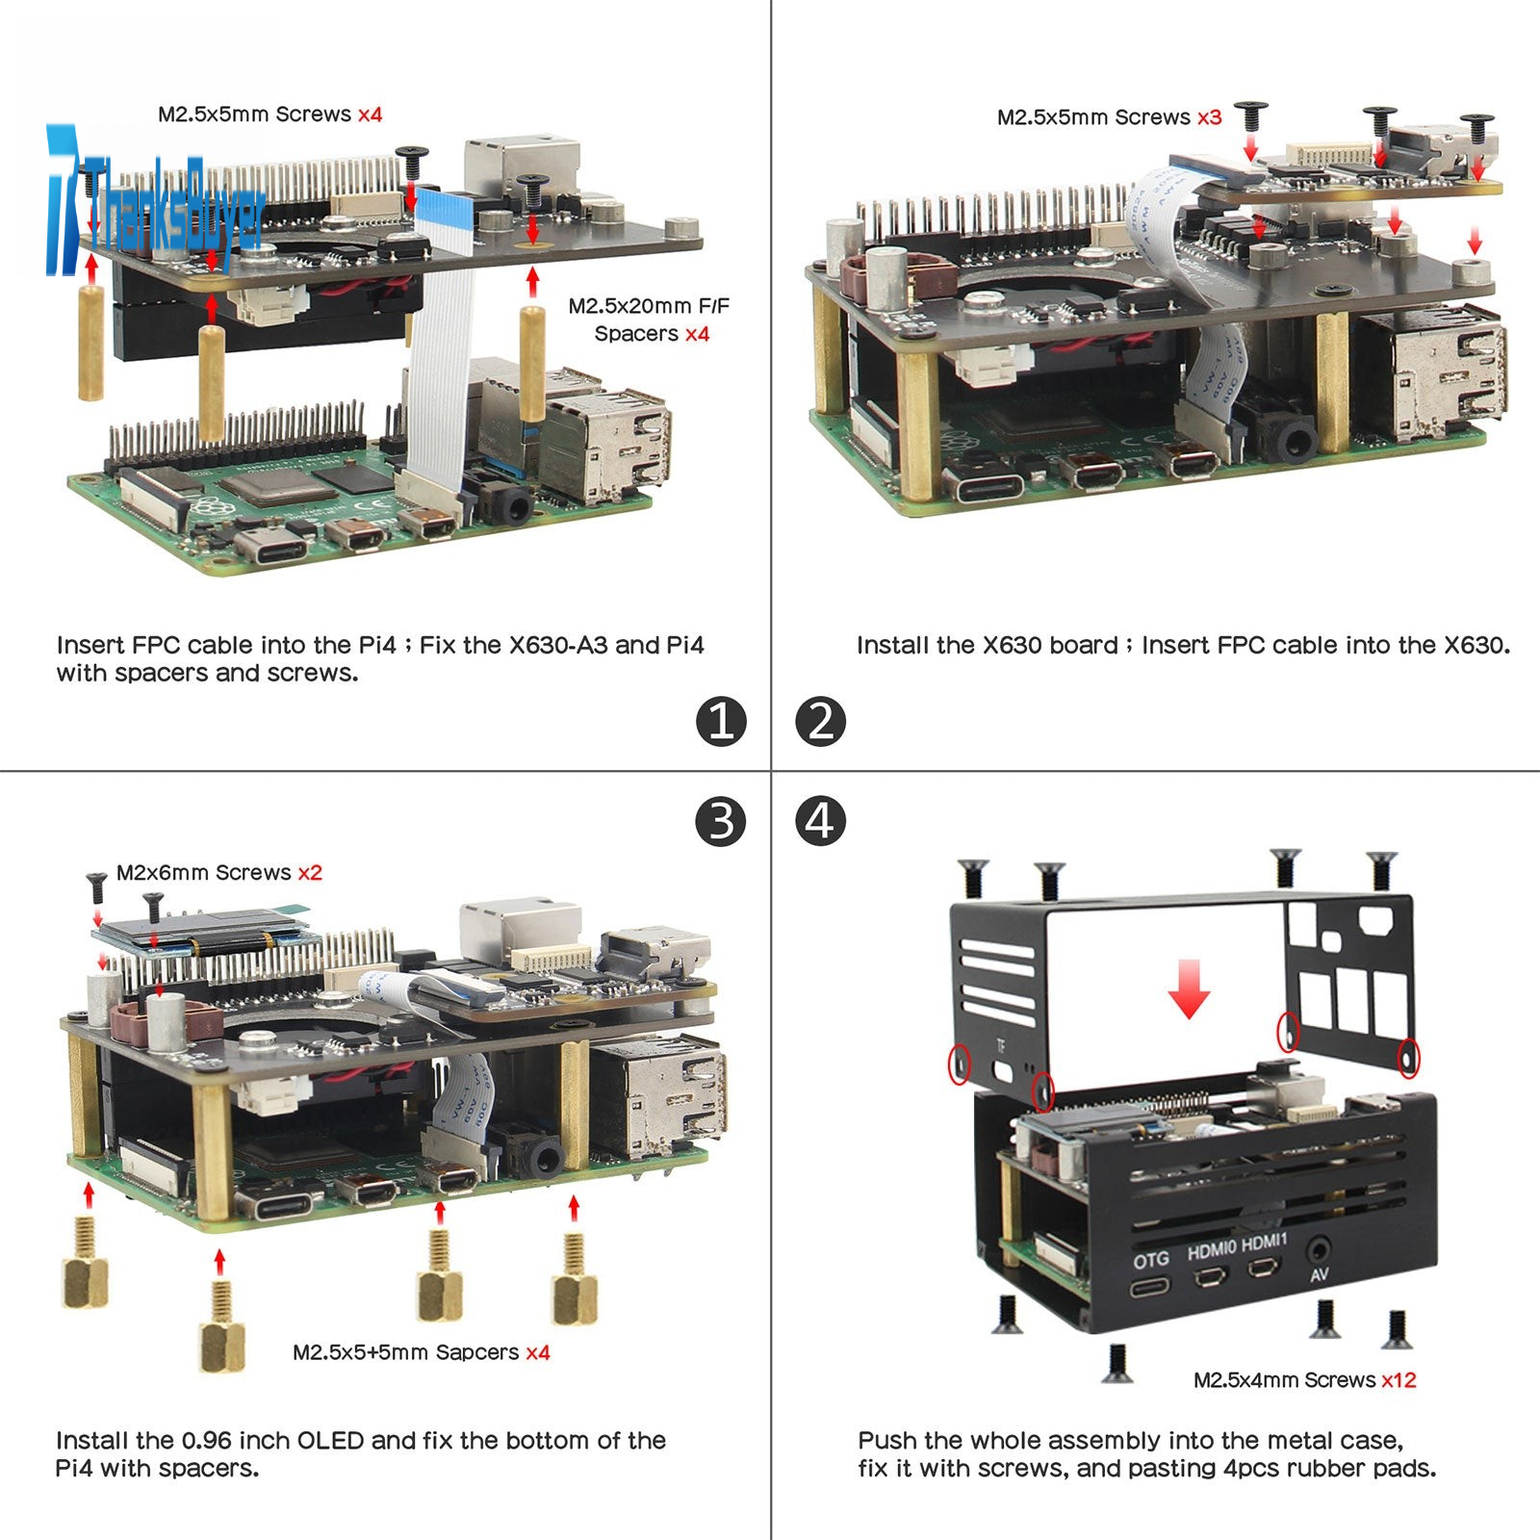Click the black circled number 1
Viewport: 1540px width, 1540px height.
click(x=721, y=721)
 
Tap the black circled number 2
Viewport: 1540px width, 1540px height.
click(x=820, y=722)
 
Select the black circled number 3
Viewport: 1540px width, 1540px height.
click(x=721, y=821)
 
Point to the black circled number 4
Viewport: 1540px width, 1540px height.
click(x=820, y=821)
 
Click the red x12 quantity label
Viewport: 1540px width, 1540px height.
click(x=1399, y=1380)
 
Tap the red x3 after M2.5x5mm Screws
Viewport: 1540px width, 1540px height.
click(x=1209, y=117)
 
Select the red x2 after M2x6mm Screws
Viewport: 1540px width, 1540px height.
click(x=310, y=873)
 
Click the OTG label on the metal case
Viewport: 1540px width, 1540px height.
click(x=1151, y=1259)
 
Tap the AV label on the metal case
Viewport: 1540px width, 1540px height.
click(x=1320, y=1274)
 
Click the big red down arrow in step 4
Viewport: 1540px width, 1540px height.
click(x=1189, y=991)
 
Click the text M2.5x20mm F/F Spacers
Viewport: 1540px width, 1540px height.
click(x=649, y=320)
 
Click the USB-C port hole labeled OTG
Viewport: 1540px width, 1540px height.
click(x=1150, y=1286)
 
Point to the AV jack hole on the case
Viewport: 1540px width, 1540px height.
click(x=1318, y=1251)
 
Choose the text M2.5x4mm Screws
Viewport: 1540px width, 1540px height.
click(x=1284, y=1380)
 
